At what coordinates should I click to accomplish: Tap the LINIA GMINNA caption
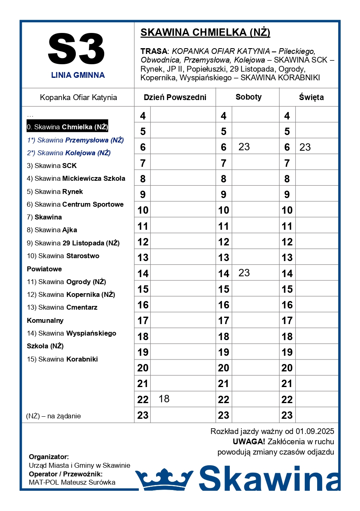pos(78,75)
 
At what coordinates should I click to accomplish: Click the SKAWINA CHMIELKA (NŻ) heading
pos(205,33)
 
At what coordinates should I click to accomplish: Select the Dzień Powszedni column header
pos(175,98)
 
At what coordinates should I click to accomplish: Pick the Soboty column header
pos(248,97)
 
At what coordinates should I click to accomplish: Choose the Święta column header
pos(311,98)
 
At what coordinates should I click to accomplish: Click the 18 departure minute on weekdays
pos(164,399)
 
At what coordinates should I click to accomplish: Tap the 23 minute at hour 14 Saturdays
pos(244,273)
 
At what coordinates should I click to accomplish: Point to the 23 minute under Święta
pos(305,147)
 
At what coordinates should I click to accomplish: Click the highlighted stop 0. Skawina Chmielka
pos(67,127)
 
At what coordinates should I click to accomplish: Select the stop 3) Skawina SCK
pos(52,166)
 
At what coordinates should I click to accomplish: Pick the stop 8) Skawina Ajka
pos(52,230)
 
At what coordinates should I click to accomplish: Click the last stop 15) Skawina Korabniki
pos(62,359)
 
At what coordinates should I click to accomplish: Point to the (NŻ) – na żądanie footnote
pos(54,416)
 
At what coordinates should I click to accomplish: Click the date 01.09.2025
pos(315,432)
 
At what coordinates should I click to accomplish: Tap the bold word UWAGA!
pos(249,442)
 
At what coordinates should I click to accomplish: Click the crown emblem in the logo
pos(164,478)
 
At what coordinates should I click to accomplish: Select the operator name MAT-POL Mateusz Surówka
pos(72,482)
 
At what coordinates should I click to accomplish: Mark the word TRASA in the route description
pos(154,51)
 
